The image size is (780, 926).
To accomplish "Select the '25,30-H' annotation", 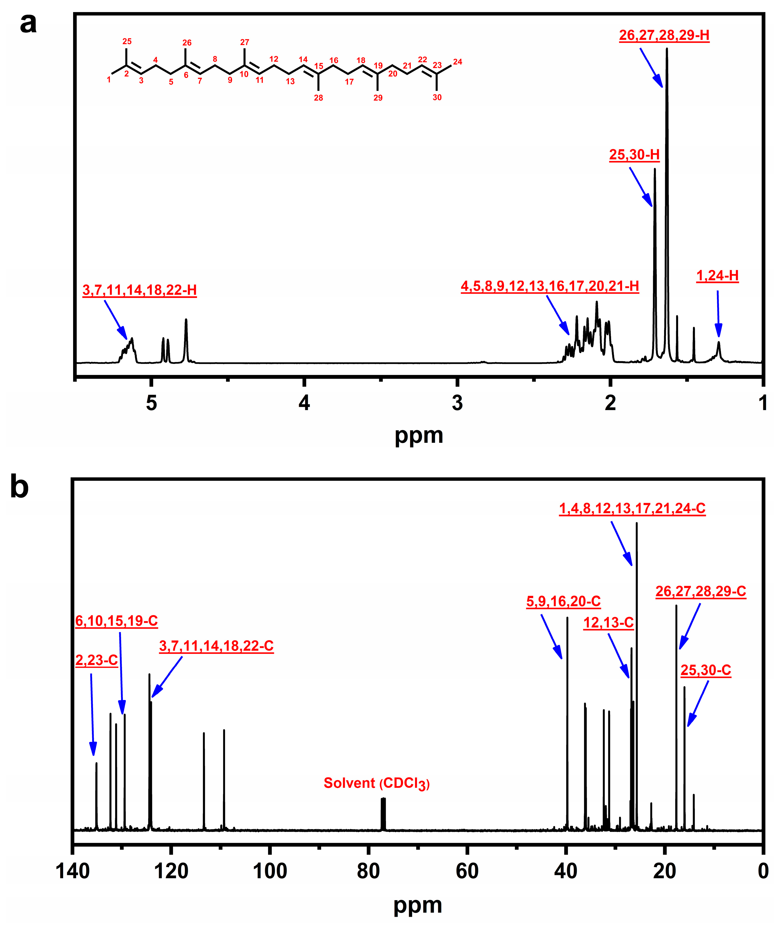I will (634, 155).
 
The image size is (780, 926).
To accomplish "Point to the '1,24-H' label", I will (717, 276).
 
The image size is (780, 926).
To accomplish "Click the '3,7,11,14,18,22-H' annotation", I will (139, 290).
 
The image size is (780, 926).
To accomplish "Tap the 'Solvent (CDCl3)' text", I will (376, 783).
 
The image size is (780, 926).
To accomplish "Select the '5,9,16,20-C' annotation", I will (563, 601).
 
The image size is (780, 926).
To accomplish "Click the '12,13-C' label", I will (609, 623).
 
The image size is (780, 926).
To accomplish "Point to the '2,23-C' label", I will (96, 660).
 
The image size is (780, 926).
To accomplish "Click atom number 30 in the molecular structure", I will (437, 97).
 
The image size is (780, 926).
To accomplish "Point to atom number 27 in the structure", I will (245, 42).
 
